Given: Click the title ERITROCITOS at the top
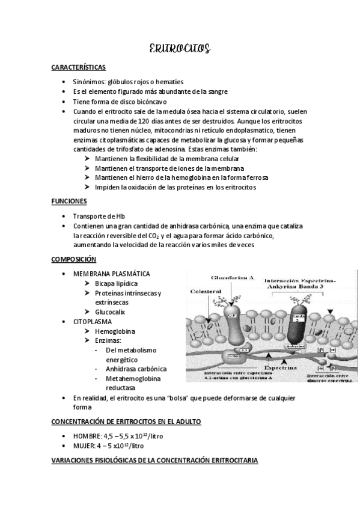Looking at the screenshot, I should coord(179,50).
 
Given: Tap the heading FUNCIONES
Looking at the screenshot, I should coord(69,201).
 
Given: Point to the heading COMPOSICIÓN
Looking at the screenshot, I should coord(73,259).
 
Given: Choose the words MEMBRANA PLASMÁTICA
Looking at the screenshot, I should coord(111,274).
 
